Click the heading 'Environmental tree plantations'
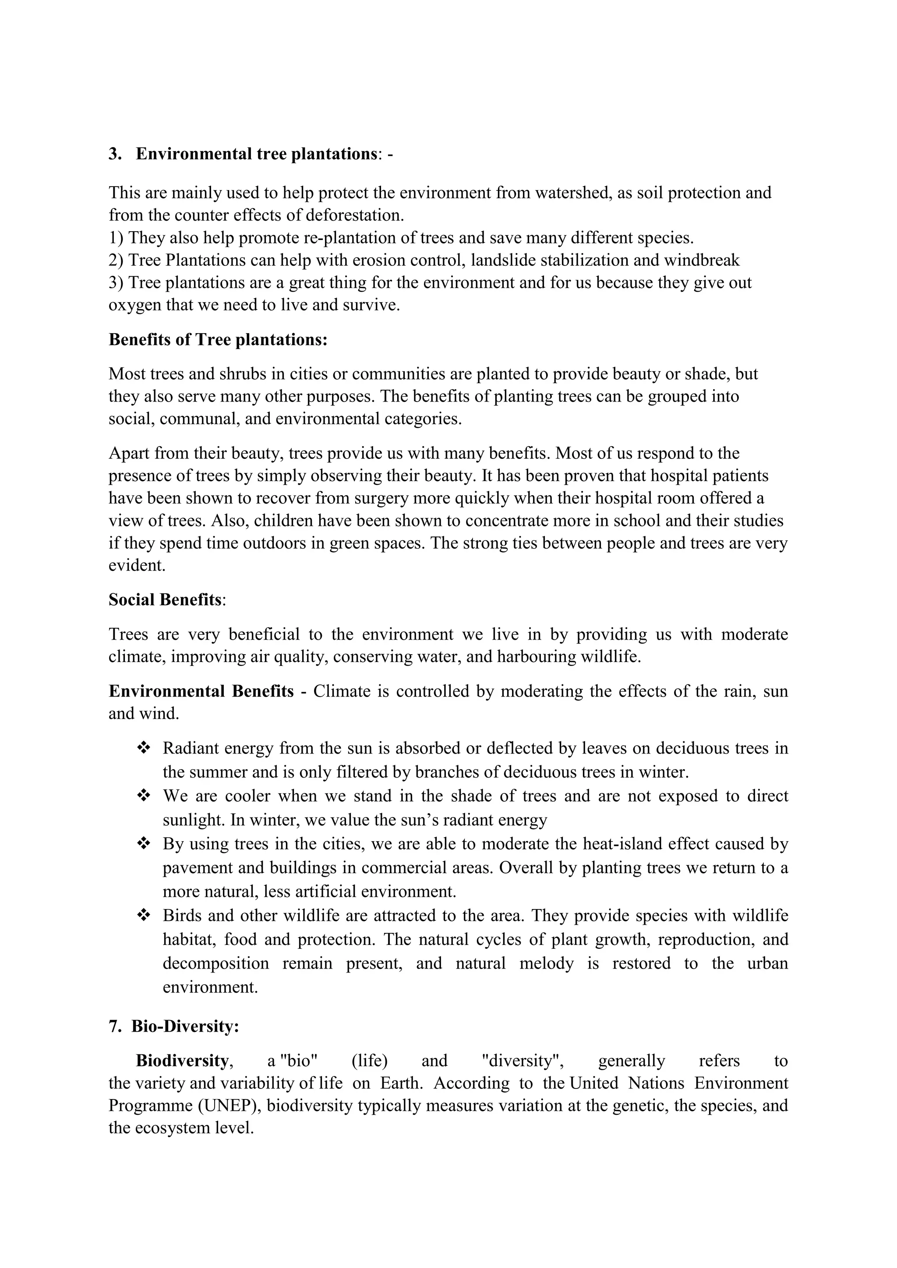[256, 154]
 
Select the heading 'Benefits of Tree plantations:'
[218, 340]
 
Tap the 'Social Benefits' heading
[165, 600]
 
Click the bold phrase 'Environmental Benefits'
[201, 691]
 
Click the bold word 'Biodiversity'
[182, 1061]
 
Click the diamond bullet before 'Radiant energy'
[144, 748]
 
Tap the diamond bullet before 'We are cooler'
[144, 796]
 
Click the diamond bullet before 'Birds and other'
[144, 916]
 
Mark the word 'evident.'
[137, 566]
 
